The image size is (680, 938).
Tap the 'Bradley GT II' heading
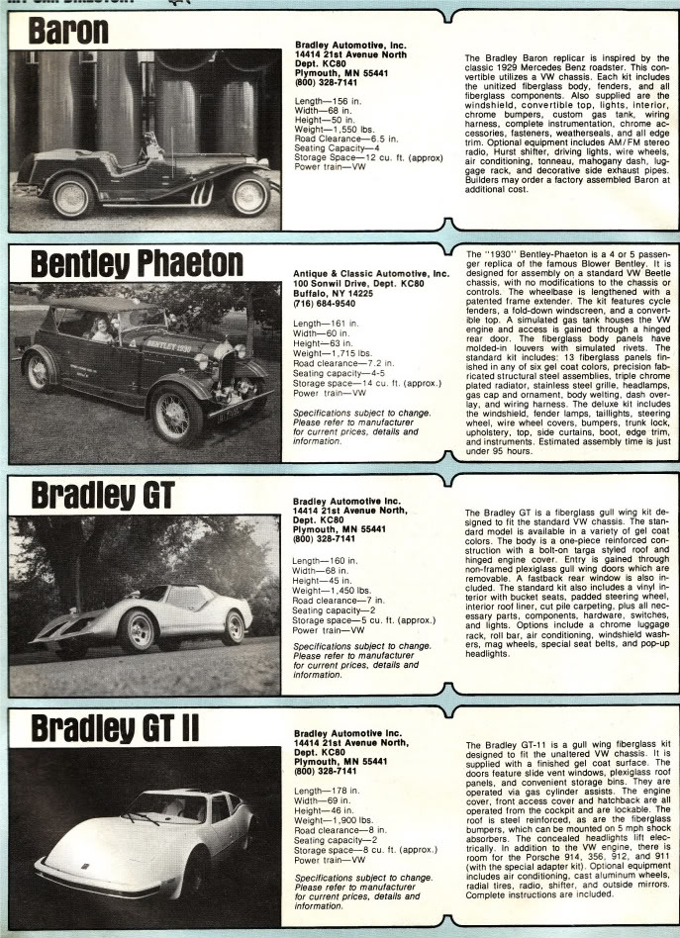(114, 728)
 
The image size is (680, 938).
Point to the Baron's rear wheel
(71, 196)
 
